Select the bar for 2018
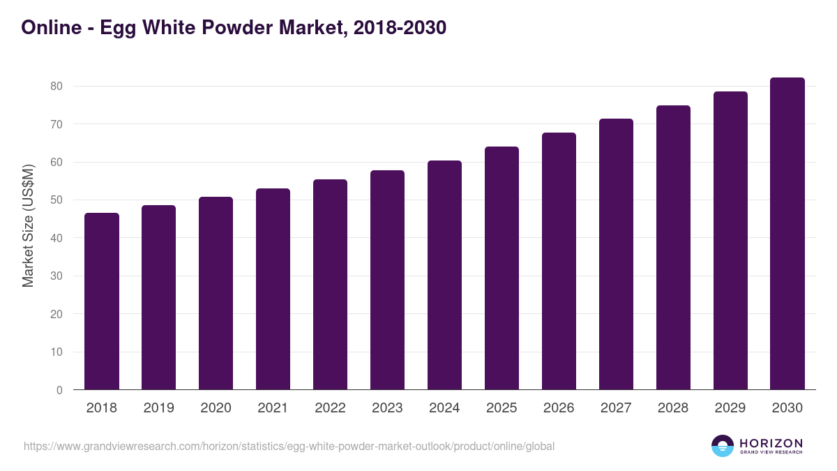click(102, 301)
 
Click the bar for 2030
click(787, 234)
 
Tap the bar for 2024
click(444, 275)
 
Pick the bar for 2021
click(273, 289)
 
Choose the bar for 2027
click(616, 254)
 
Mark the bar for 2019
click(158, 297)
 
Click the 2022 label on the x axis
click(330, 408)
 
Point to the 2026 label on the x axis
click(559, 408)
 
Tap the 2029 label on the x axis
click(730, 408)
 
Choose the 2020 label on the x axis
click(216, 408)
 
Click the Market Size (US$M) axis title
click(28, 226)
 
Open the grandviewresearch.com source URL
click(289, 447)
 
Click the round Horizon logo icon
click(723, 446)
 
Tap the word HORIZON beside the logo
click(771, 443)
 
